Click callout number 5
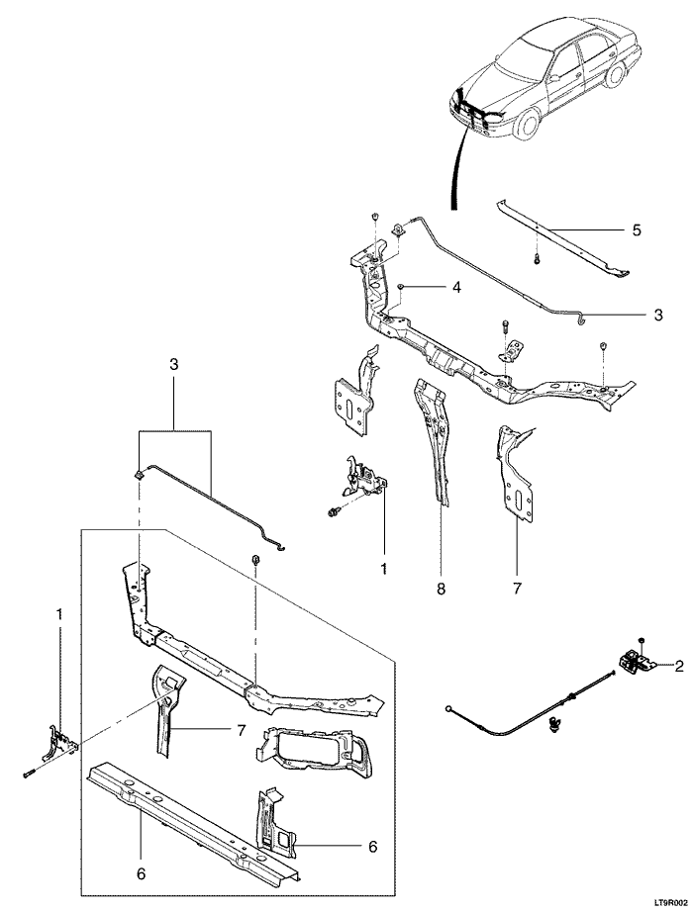coord(637,229)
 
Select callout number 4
coord(455,288)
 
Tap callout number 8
coord(442,589)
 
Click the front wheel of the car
coord(526,123)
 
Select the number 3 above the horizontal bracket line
coord(173,365)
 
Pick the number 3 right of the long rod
coord(657,316)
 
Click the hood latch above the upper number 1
coord(365,478)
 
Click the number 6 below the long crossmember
coord(140,873)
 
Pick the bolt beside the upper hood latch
coord(331,511)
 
